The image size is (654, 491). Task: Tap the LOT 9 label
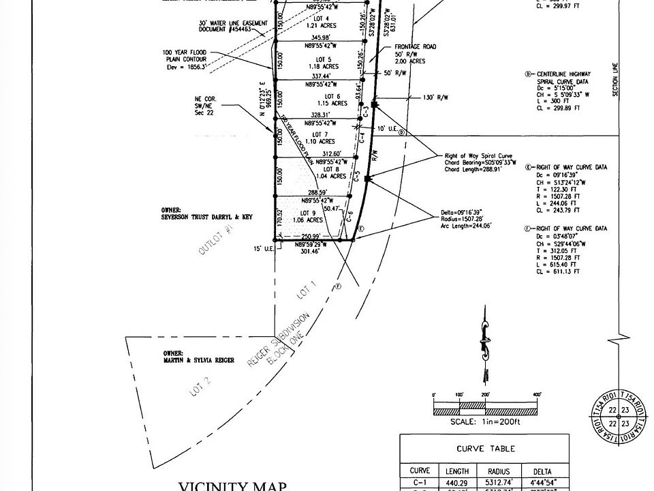click(311, 212)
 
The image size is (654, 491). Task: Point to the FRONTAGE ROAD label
click(415, 47)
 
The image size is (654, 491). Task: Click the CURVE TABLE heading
click(485, 449)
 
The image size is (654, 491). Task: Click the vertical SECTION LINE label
click(615, 80)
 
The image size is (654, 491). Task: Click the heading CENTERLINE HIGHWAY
click(563, 74)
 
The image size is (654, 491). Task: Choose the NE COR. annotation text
click(205, 100)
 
